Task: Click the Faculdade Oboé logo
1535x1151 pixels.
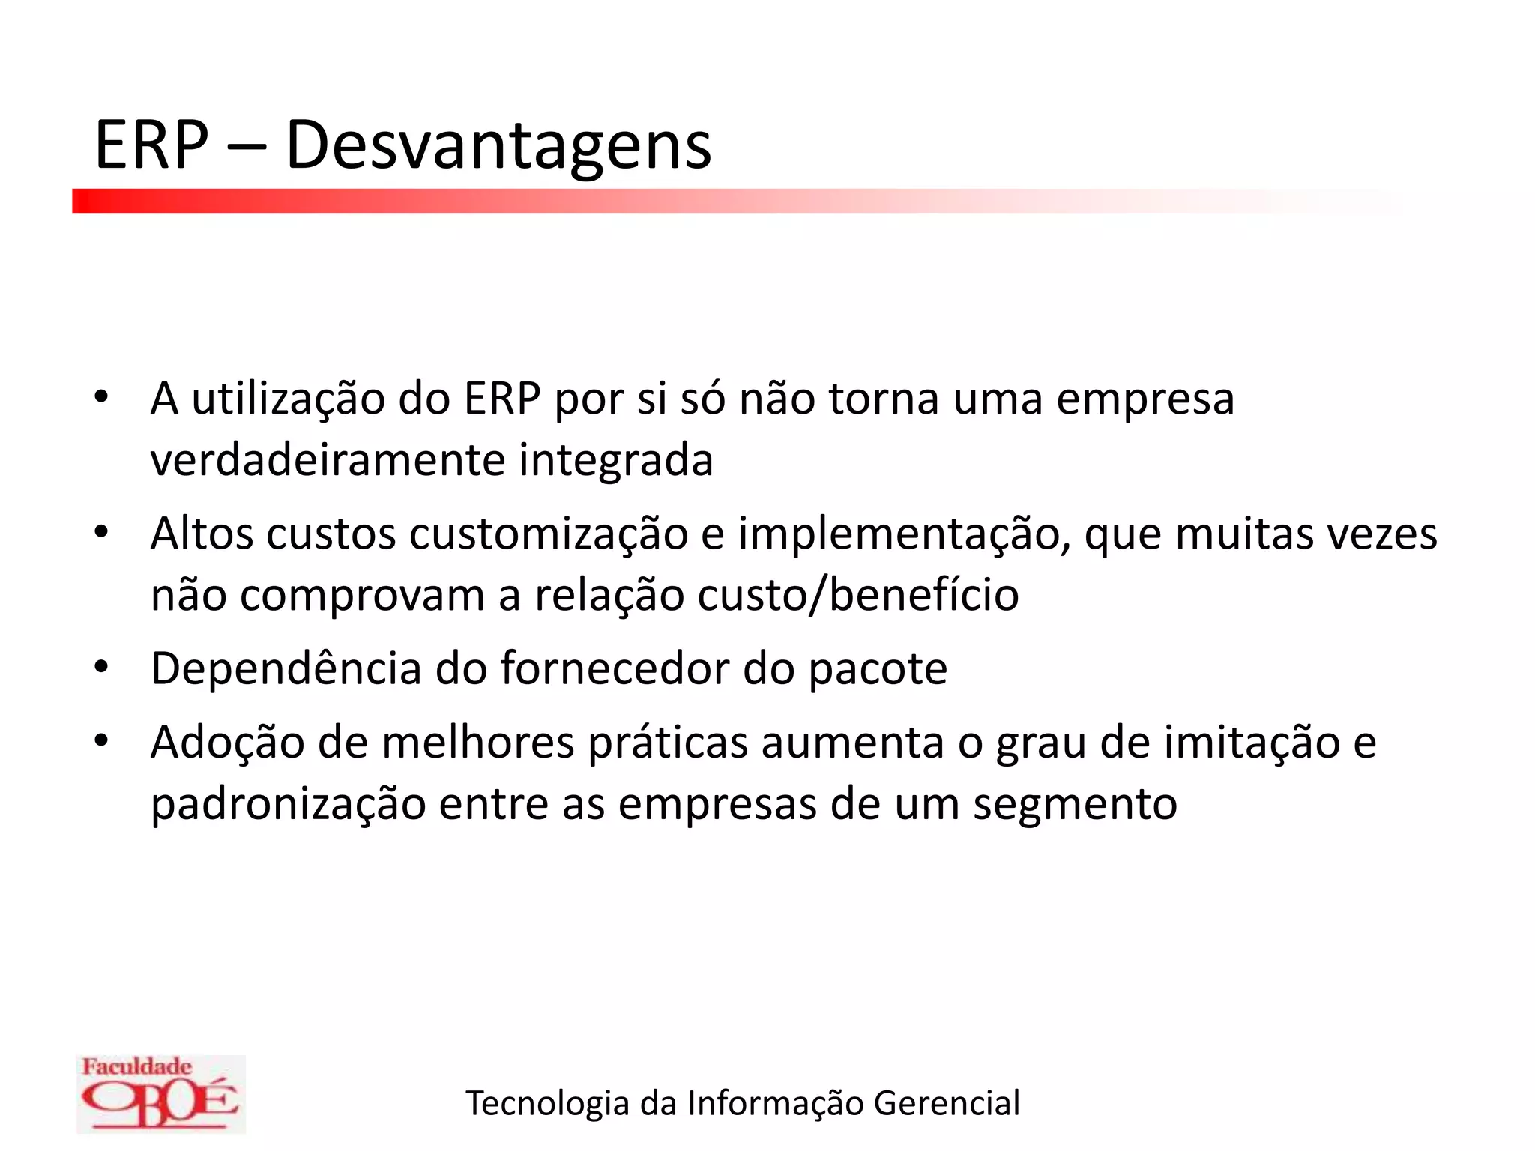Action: click(160, 1093)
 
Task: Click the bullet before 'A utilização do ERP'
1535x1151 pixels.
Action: click(102, 396)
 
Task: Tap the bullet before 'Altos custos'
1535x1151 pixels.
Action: click(102, 532)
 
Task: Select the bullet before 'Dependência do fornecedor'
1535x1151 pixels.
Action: click(102, 666)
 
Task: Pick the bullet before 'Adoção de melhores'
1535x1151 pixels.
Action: click(102, 740)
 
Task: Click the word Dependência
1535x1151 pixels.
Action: click(286, 668)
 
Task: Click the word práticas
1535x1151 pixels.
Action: click(668, 743)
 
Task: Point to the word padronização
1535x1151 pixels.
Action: click(288, 804)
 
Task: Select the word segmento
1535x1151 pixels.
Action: click(1075, 804)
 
